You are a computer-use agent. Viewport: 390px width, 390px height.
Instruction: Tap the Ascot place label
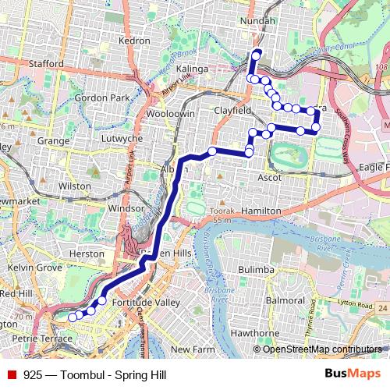(x=271, y=178)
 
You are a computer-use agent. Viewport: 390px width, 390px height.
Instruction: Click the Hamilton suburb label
(x=261, y=211)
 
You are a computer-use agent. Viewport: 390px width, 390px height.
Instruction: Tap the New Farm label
(x=192, y=349)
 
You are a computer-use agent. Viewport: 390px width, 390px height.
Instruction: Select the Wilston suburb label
(x=74, y=186)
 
